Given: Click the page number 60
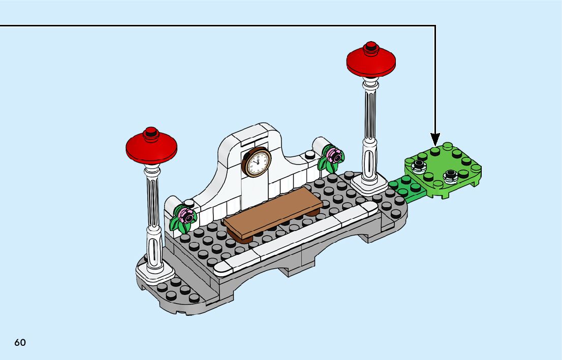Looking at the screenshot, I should (20, 342).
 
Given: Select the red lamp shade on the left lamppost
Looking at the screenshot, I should (151, 147).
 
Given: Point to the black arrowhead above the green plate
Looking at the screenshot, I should (435, 138).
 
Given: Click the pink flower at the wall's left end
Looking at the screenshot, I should (186, 215).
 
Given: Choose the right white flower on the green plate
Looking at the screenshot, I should (450, 176).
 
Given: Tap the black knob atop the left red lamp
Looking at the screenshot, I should (151, 133).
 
